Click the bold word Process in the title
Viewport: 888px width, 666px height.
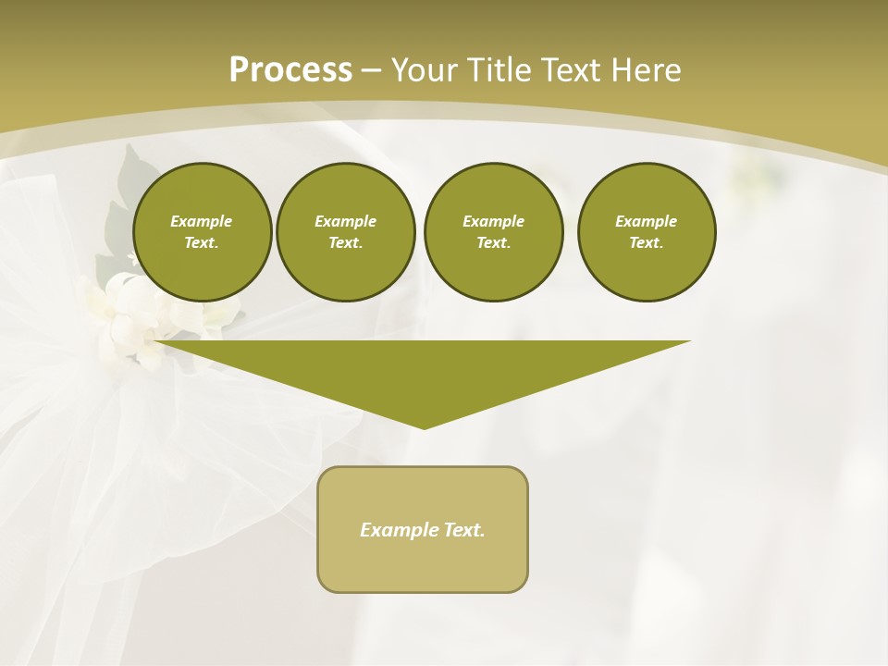(x=290, y=70)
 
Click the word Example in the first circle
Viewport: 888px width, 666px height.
(x=202, y=221)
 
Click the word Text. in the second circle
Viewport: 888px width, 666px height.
(x=346, y=242)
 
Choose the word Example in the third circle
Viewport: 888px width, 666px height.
(x=494, y=221)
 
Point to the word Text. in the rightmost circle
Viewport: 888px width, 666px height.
(x=647, y=242)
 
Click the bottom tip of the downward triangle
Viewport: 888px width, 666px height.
(x=424, y=427)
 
